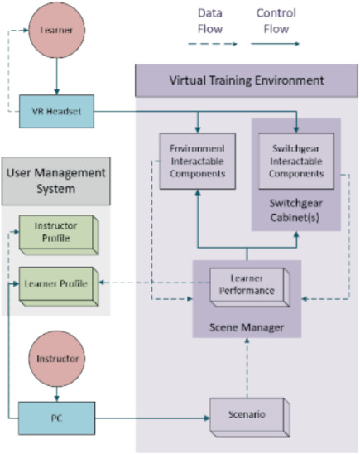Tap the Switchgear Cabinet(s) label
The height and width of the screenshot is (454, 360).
(x=295, y=207)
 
